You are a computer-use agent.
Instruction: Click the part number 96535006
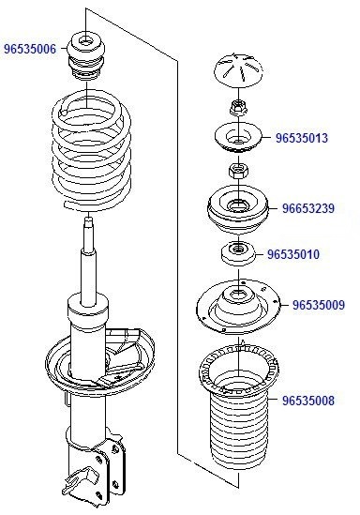pos(30,47)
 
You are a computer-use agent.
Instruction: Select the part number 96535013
pos(302,138)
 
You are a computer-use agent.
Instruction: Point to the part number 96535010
pos(293,254)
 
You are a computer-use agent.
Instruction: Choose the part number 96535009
pos(319,304)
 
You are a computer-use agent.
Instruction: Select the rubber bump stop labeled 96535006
pos(88,61)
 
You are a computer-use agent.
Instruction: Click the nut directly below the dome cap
pos(238,105)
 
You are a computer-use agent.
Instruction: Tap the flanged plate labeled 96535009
pos(238,310)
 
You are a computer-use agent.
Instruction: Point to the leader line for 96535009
pos(279,304)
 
